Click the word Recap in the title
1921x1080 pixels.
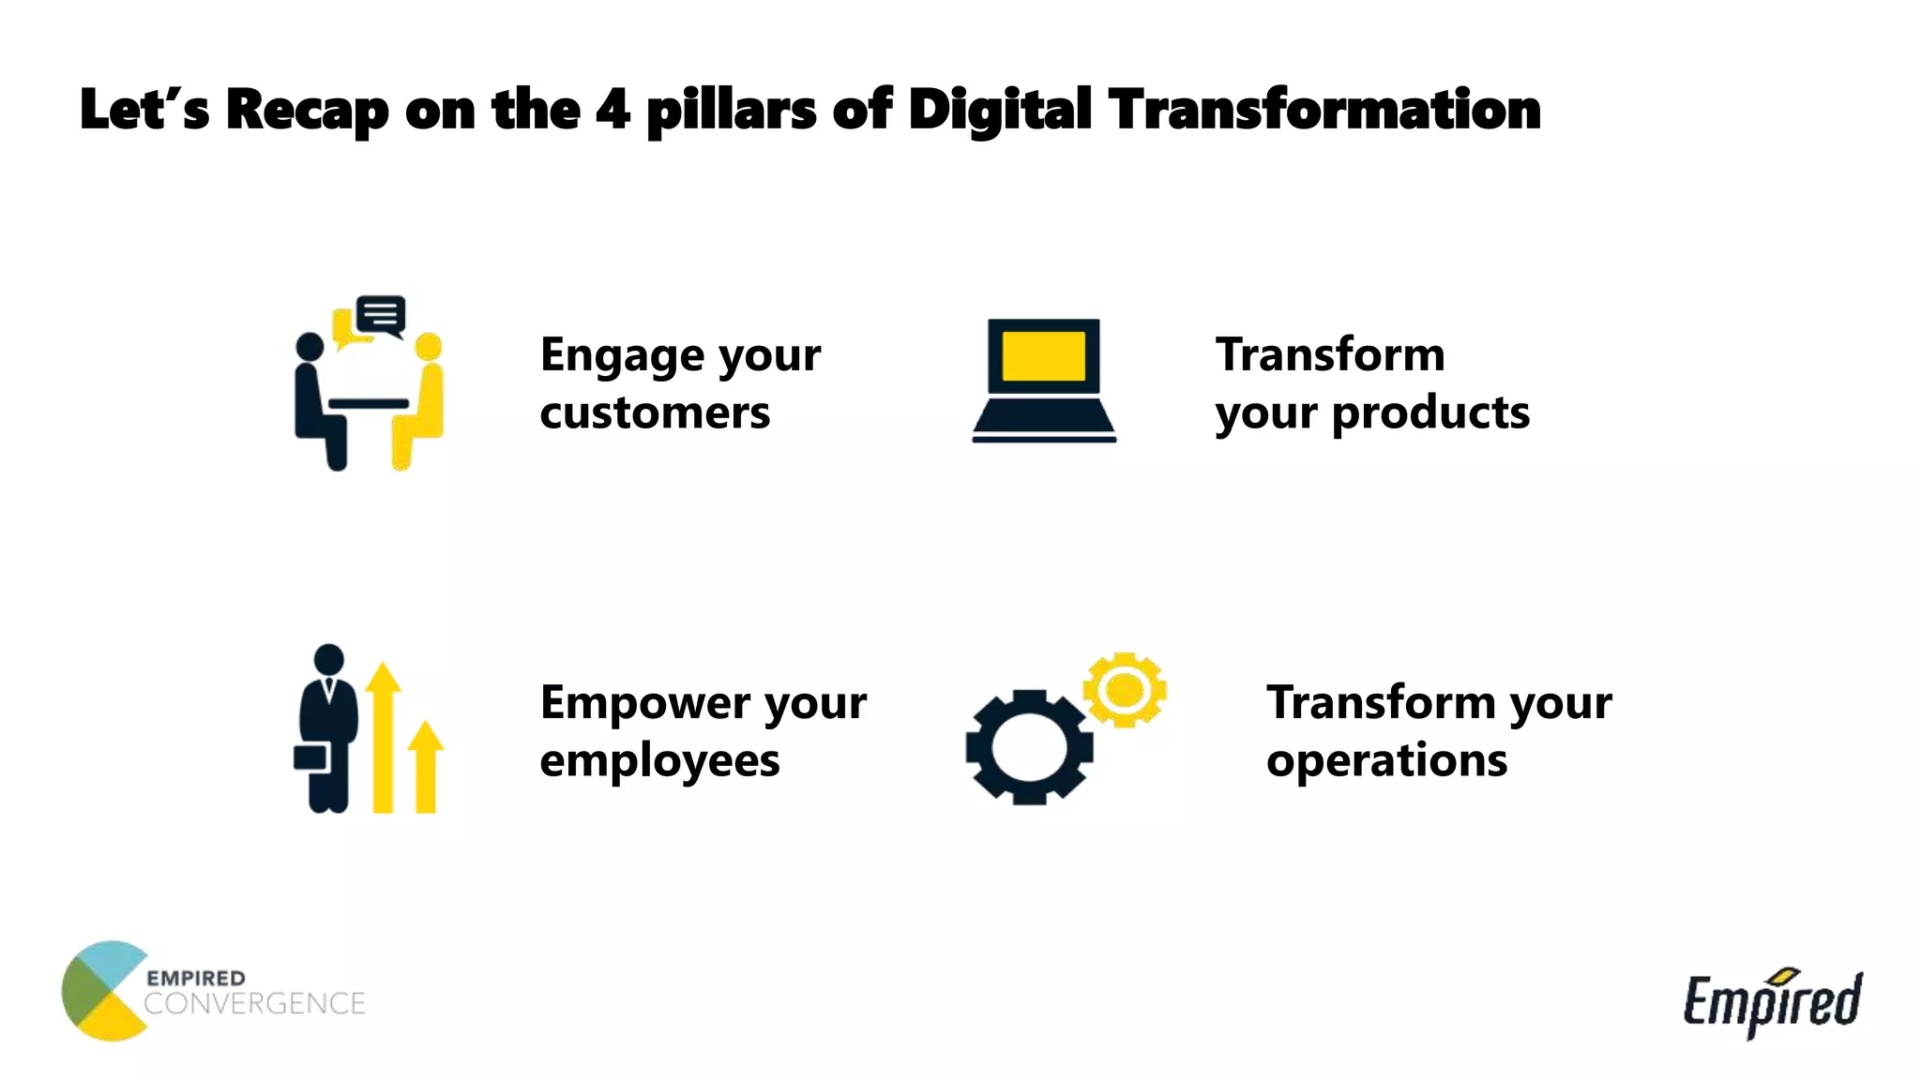306,110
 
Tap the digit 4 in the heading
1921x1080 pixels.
612,110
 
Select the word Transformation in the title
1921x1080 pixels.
1324,110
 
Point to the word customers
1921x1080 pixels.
655,412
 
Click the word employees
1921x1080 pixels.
659,760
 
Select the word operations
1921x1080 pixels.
1386,760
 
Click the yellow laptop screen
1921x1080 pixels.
1043,356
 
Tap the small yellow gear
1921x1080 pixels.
1124,690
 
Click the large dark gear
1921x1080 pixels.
1029,747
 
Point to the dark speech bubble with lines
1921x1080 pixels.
381,314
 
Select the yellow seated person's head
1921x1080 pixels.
428,346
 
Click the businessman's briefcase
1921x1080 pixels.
310,757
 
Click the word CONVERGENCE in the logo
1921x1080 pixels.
254,1004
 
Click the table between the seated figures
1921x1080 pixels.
369,404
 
